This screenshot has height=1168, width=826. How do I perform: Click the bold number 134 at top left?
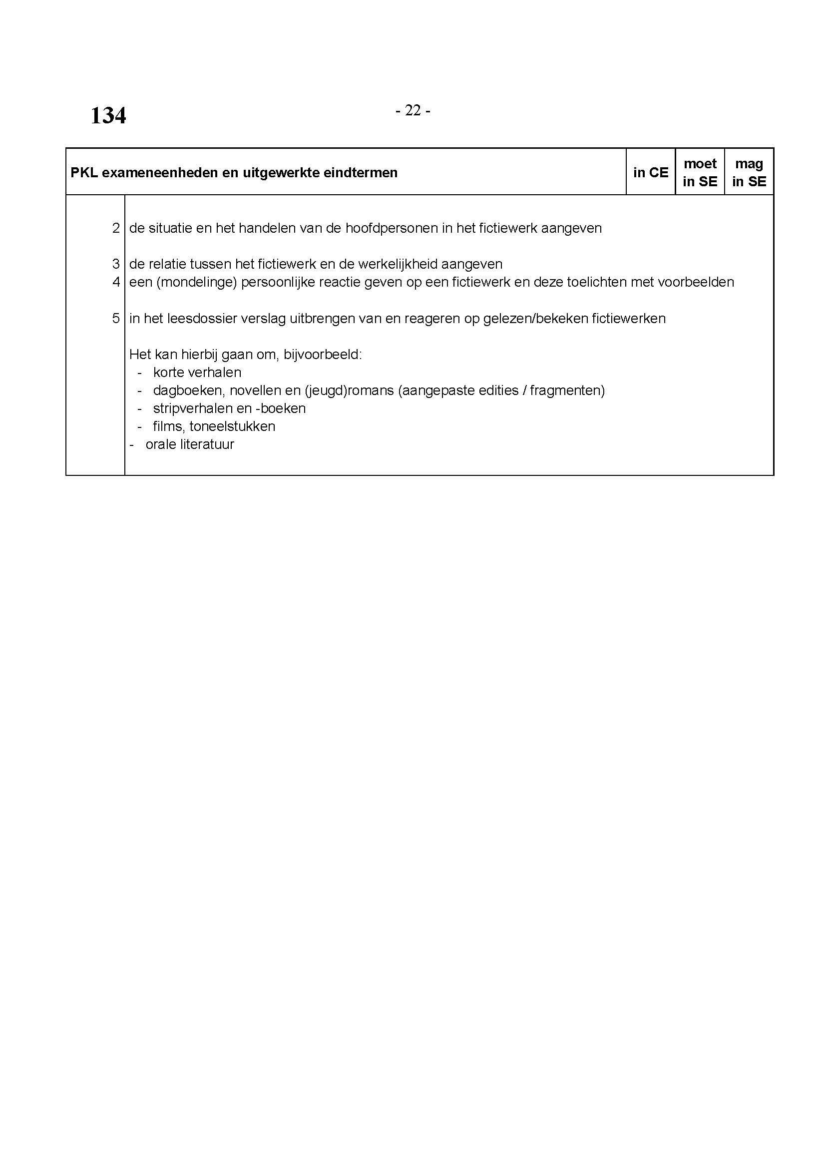pos(108,115)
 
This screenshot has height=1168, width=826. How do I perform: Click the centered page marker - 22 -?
pos(413,110)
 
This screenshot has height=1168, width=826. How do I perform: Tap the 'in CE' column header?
pos(651,172)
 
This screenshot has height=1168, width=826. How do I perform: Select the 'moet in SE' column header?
pos(700,172)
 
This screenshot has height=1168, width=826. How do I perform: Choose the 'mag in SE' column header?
pos(749,172)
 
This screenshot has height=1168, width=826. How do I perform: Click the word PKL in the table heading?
pos(84,173)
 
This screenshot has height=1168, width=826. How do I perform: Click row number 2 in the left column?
pos(116,228)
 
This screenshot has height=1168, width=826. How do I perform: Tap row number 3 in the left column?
pos(116,264)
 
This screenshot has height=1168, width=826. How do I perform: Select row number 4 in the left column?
pos(116,282)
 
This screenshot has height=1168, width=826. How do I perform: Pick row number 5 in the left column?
pos(116,319)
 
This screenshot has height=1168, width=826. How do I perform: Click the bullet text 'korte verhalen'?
pos(197,373)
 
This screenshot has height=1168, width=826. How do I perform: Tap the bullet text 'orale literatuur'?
pos(190,444)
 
